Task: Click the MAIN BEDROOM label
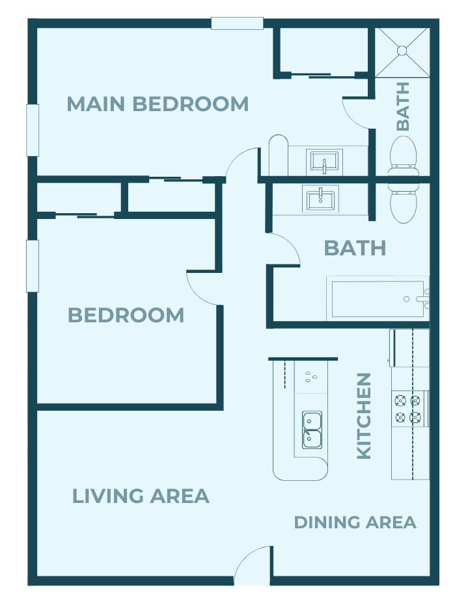tap(158, 104)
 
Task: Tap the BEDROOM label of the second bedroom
tap(126, 315)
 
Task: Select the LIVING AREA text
tap(141, 496)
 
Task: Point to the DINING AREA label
tap(355, 522)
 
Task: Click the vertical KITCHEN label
tap(364, 416)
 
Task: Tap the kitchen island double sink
tap(312, 430)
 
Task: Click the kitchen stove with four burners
tap(408, 408)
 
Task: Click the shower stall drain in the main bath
tap(402, 50)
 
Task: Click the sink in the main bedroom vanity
tap(323, 161)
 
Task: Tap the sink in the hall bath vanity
tap(320, 198)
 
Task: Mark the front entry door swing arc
tap(253, 564)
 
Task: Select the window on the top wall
tap(237, 23)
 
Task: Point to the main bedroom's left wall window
tap(32, 130)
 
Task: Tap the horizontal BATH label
tap(355, 248)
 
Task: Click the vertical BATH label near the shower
tap(403, 106)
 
